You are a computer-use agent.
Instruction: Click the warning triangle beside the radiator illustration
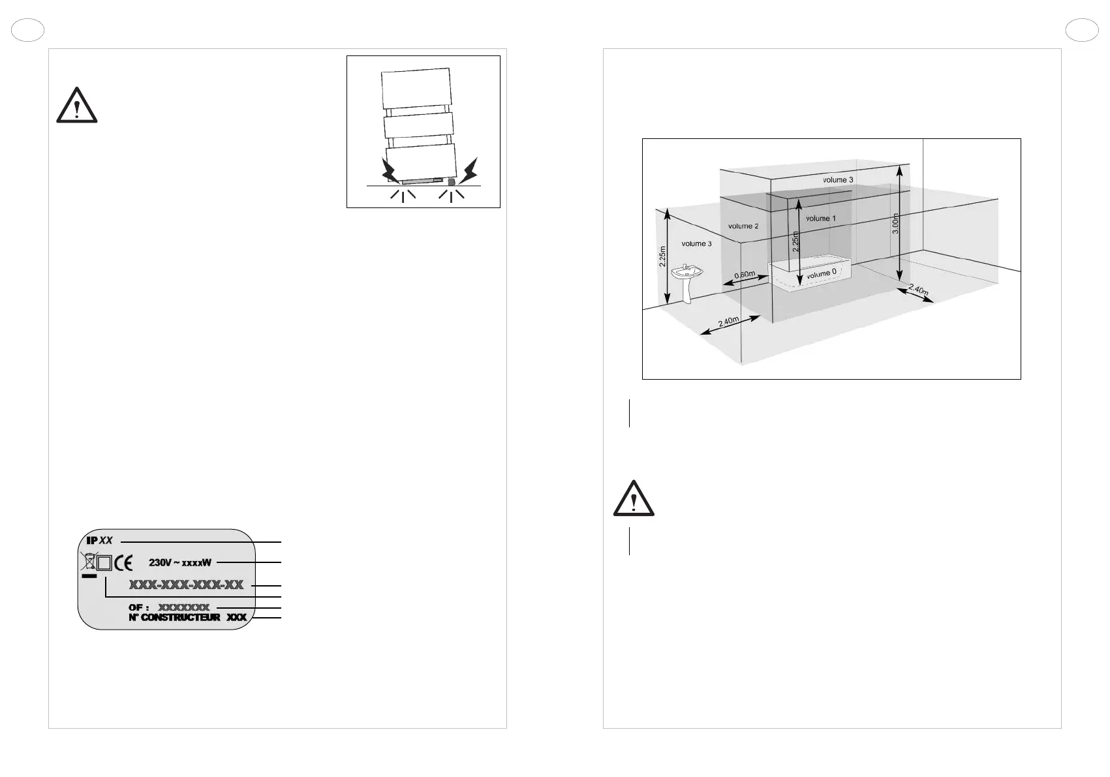coord(77,106)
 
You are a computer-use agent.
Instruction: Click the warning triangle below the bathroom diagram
coord(634,499)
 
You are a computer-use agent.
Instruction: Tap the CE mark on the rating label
coord(124,563)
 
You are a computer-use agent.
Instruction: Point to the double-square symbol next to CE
coord(104,563)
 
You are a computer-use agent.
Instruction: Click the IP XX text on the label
coord(100,540)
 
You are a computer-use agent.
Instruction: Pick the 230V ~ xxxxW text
coord(180,562)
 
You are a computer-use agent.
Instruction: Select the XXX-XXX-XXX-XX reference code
coord(186,585)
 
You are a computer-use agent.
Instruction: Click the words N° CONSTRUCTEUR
coord(174,617)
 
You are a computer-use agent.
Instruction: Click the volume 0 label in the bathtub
coord(821,274)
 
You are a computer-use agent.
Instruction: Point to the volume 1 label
coord(820,219)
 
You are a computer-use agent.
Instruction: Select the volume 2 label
coord(743,226)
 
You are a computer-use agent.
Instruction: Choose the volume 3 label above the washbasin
coord(696,244)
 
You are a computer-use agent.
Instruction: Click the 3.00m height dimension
coord(896,223)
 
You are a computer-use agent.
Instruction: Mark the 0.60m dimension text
coord(745,275)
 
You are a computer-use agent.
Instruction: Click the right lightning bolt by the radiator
coord(469,171)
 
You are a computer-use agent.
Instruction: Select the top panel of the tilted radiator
coord(416,88)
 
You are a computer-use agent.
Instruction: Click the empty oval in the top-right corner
coord(1081,31)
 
